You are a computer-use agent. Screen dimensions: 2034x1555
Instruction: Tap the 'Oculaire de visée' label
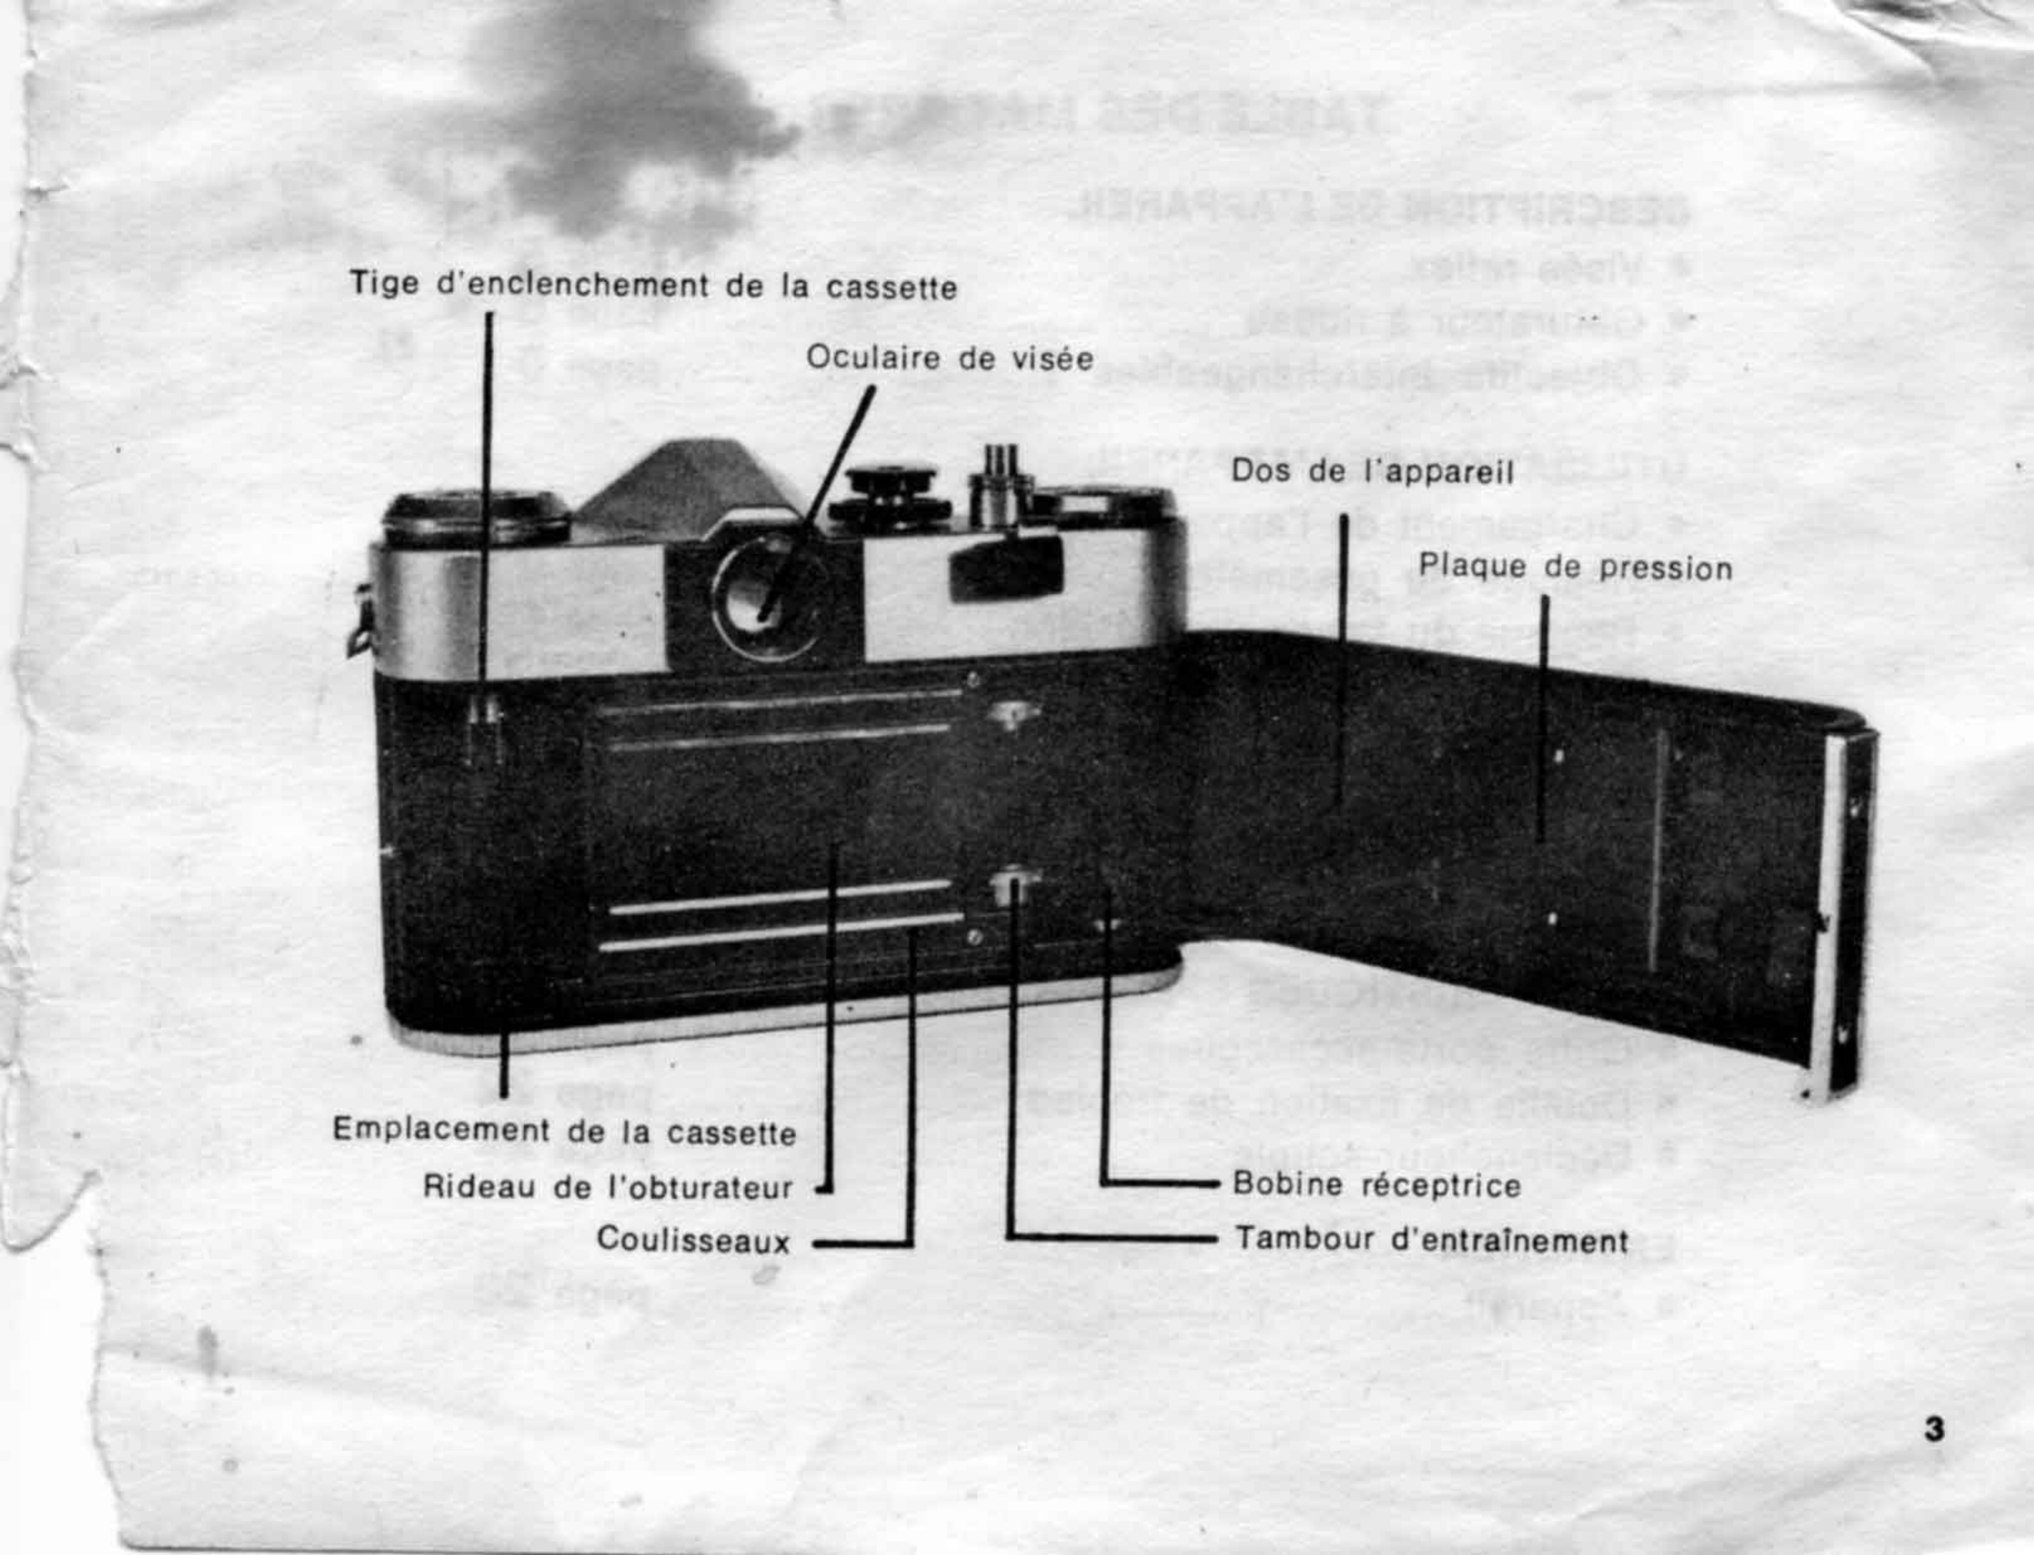point(949,358)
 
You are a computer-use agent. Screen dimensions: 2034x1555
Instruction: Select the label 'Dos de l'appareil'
point(1371,472)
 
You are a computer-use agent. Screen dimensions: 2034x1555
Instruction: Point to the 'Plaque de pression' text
point(1575,567)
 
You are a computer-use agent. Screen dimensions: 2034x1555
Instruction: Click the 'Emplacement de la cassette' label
point(564,1131)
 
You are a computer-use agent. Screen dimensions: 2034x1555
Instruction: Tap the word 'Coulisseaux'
point(693,1240)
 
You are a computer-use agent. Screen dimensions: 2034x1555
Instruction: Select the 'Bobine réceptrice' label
point(1377,1185)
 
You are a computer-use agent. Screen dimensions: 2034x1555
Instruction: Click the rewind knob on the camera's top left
point(476,518)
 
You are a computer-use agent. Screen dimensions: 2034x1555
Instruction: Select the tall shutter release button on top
point(1000,486)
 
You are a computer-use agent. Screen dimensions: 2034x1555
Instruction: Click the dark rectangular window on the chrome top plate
point(1004,565)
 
